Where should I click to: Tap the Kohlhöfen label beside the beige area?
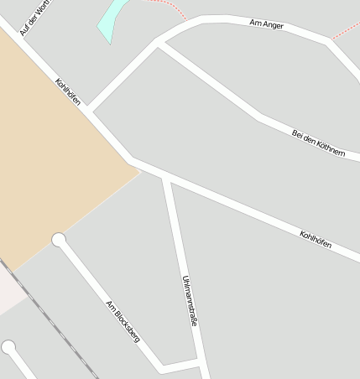pyautogui.click(x=68, y=92)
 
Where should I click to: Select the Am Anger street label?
pyautogui.click(x=267, y=25)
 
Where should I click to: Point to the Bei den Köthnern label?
pyautogui.click(x=318, y=142)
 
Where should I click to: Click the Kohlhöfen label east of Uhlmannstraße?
pyautogui.click(x=316, y=239)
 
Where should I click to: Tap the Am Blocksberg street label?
pyautogui.click(x=123, y=321)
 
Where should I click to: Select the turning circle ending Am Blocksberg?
pyautogui.click(x=59, y=241)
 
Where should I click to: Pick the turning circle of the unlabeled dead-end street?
pyautogui.click(x=8, y=347)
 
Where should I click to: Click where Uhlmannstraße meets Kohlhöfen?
pyautogui.click(x=166, y=177)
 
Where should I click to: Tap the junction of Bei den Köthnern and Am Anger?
pyautogui.click(x=159, y=42)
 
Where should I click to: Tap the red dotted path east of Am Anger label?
pyautogui.click(x=346, y=30)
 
